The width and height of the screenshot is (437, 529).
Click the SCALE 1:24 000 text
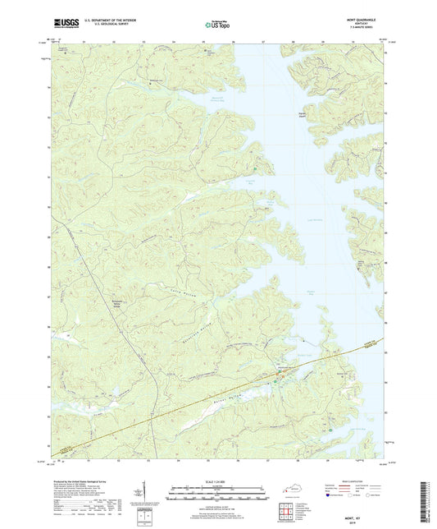(217, 482)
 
